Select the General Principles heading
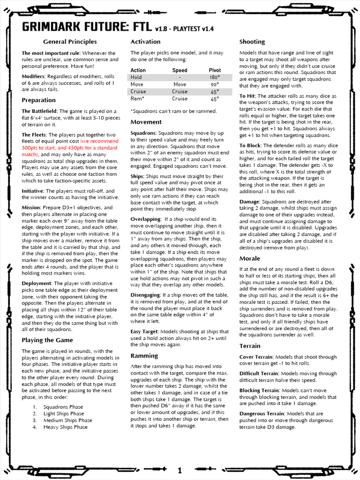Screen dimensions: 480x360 [x=70, y=42]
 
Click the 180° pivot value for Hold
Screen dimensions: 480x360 [x=215, y=77]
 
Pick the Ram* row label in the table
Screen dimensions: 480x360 [x=138, y=99]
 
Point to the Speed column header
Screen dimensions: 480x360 [x=180, y=70]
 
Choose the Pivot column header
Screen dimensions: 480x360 [x=215, y=70]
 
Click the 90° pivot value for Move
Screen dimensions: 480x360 [x=215, y=84]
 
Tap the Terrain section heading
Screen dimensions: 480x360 [x=250, y=346]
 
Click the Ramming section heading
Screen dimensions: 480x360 [x=144, y=355]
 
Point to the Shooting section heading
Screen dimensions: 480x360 [x=252, y=42]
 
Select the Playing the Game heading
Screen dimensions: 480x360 [x=47, y=340]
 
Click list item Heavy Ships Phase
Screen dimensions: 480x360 [x=65, y=427]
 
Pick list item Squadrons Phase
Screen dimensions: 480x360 [x=63, y=407]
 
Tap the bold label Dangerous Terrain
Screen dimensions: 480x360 [x=262, y=414]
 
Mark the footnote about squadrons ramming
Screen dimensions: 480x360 [x=173, y=111]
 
